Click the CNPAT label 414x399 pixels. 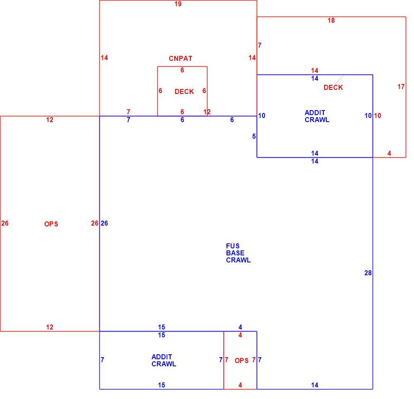(x=181, y=59)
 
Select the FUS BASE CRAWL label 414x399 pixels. (x=238, y=253)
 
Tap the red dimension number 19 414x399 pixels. (x=178, y=4)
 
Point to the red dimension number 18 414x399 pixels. (x=331, y=21)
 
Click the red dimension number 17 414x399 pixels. (x=401, y=87)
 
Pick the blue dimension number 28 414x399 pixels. (x=368, y=273)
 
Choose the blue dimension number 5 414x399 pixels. (x=254, y=137)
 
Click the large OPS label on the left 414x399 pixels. (x=51, y=224)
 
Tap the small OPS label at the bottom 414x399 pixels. (x=242, y=361)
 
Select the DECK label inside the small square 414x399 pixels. (x=184, y=91)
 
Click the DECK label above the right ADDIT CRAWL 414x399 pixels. (x=333, y=87)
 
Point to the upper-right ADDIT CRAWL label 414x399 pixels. (x=317, y=116)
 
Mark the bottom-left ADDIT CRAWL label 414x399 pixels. (x=164, y=361)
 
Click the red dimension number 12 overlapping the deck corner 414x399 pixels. (x=207, y=112)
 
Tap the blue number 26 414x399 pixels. (x=104, y=223)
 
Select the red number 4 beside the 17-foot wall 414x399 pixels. (x=389, y=153)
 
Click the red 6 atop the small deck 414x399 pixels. (x=182, y=70)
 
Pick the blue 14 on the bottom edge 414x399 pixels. (x=315, y=385)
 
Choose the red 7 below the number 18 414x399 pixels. (x=260, y=46)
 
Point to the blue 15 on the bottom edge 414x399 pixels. (x=161, y=385)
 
